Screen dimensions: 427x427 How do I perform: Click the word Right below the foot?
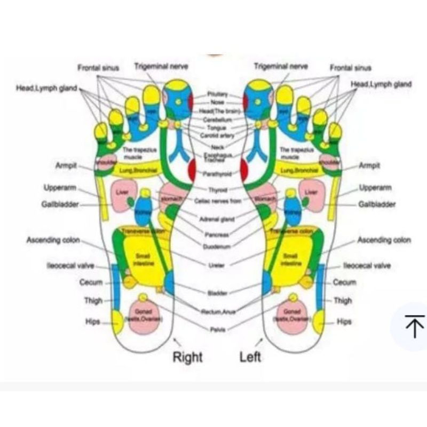[187, 357]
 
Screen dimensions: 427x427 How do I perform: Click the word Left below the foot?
[250, 357]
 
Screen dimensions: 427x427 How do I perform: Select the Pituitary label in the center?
[218, 94]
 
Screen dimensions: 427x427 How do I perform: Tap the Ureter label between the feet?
[217, 265]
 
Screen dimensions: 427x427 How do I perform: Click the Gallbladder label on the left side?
[60, 204]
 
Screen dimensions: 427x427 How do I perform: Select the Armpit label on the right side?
[369, 165]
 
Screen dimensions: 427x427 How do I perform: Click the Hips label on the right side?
[344, 322]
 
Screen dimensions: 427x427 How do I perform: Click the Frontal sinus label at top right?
[350, 68]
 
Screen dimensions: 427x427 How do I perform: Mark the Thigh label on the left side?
[93, 301]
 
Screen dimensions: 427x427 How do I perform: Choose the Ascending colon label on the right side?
[384, 240]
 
